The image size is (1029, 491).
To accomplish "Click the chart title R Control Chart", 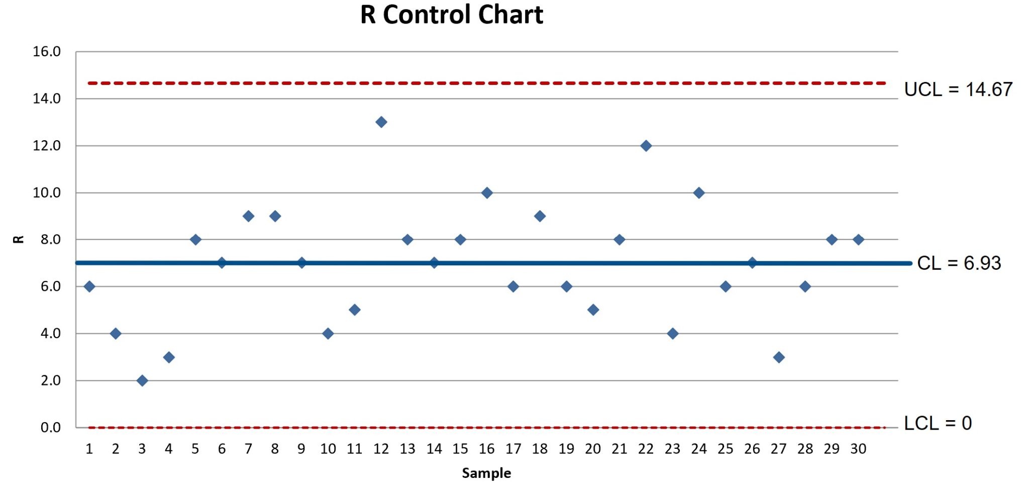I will [452, 15].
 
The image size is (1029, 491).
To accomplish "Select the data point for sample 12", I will [381, 122].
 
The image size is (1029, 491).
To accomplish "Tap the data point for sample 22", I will [646, 146].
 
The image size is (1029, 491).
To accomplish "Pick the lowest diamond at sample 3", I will [142, 380].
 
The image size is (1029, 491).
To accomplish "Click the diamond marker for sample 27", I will [779, 357].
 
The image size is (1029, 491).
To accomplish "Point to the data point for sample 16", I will [487, 192].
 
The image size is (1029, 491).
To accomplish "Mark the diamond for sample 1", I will [89, 286].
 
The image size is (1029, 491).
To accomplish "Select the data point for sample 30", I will [858, 240].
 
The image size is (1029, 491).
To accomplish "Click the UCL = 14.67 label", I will [958, 89].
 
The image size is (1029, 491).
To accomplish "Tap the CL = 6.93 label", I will [959, 263].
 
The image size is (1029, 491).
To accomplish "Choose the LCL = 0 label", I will [938, 423].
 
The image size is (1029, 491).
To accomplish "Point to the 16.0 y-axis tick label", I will [47, 52].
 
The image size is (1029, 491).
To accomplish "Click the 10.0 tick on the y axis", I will [47, 192].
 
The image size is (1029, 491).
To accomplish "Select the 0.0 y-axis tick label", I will [50, 428].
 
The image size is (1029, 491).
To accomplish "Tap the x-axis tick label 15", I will [460, 449].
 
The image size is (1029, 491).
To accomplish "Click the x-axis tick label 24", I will [699, 449].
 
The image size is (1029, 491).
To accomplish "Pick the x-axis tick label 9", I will [301, 449].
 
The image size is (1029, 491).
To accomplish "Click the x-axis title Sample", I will [486, 473].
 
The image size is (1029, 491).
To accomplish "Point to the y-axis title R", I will [18, 239].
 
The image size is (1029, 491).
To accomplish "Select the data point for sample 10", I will [328, 334].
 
